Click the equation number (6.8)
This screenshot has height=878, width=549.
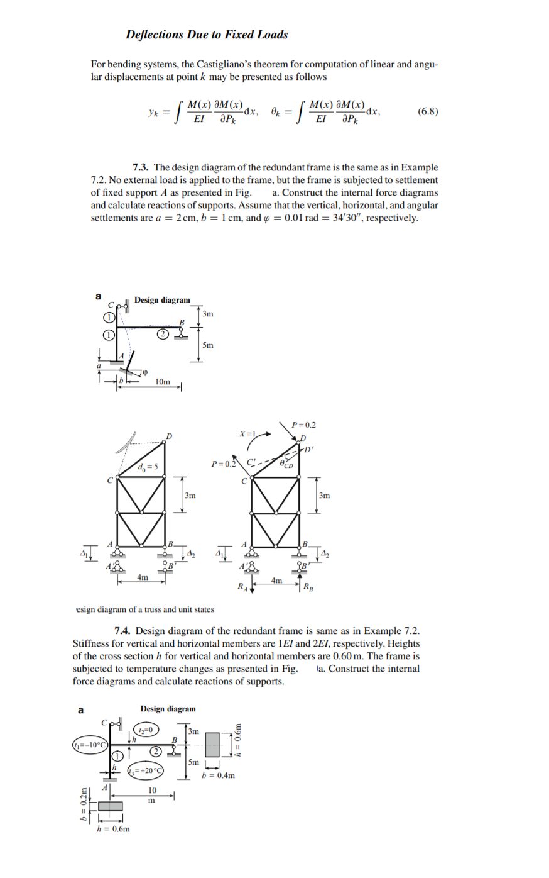[428, 111]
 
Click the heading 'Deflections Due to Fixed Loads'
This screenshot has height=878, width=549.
[207, 35]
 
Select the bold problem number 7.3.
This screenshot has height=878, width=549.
[141, 167]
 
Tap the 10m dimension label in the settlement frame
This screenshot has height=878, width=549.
[162, 382]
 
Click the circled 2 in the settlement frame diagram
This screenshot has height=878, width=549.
[162, 334]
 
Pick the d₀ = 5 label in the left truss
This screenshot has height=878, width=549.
[148, 465]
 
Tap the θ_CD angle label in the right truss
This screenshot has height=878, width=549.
[288, 464]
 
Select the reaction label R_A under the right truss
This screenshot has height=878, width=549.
[241, 587]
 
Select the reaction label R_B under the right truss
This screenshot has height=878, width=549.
[308, 588]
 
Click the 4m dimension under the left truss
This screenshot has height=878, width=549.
[143, 577]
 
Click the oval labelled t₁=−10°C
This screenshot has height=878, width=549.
[90, 745]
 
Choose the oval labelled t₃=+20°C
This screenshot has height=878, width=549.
[145, 770]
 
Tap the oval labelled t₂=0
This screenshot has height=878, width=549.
[145, 730]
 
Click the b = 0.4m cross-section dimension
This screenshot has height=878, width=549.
[219, 775]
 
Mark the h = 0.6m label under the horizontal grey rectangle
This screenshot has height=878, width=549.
[112, 829]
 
